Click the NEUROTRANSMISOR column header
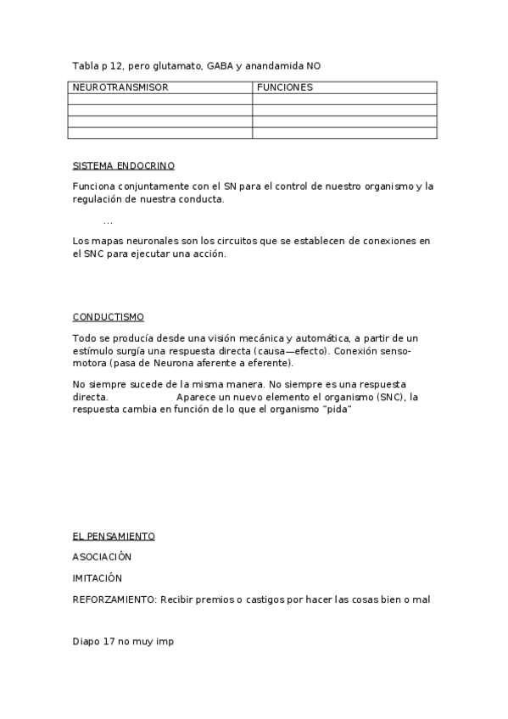pyautogui.click(x=120, y=87)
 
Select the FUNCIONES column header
pyautogui.click(x=284, y=87)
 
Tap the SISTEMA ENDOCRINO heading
pyautogui.click(x=124, y=165)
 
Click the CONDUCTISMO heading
pyautogui.click(x=109, y=317)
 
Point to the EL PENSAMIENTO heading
pyautogui.click(x=114, y=536)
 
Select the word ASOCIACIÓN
pyautogui.click(x=102, y=557)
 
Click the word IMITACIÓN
pyautogui.click(x=98, y=578)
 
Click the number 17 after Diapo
pyautogui.click(x=109, y=642)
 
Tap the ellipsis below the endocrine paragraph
pyautogui.click(x=108, y=221)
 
